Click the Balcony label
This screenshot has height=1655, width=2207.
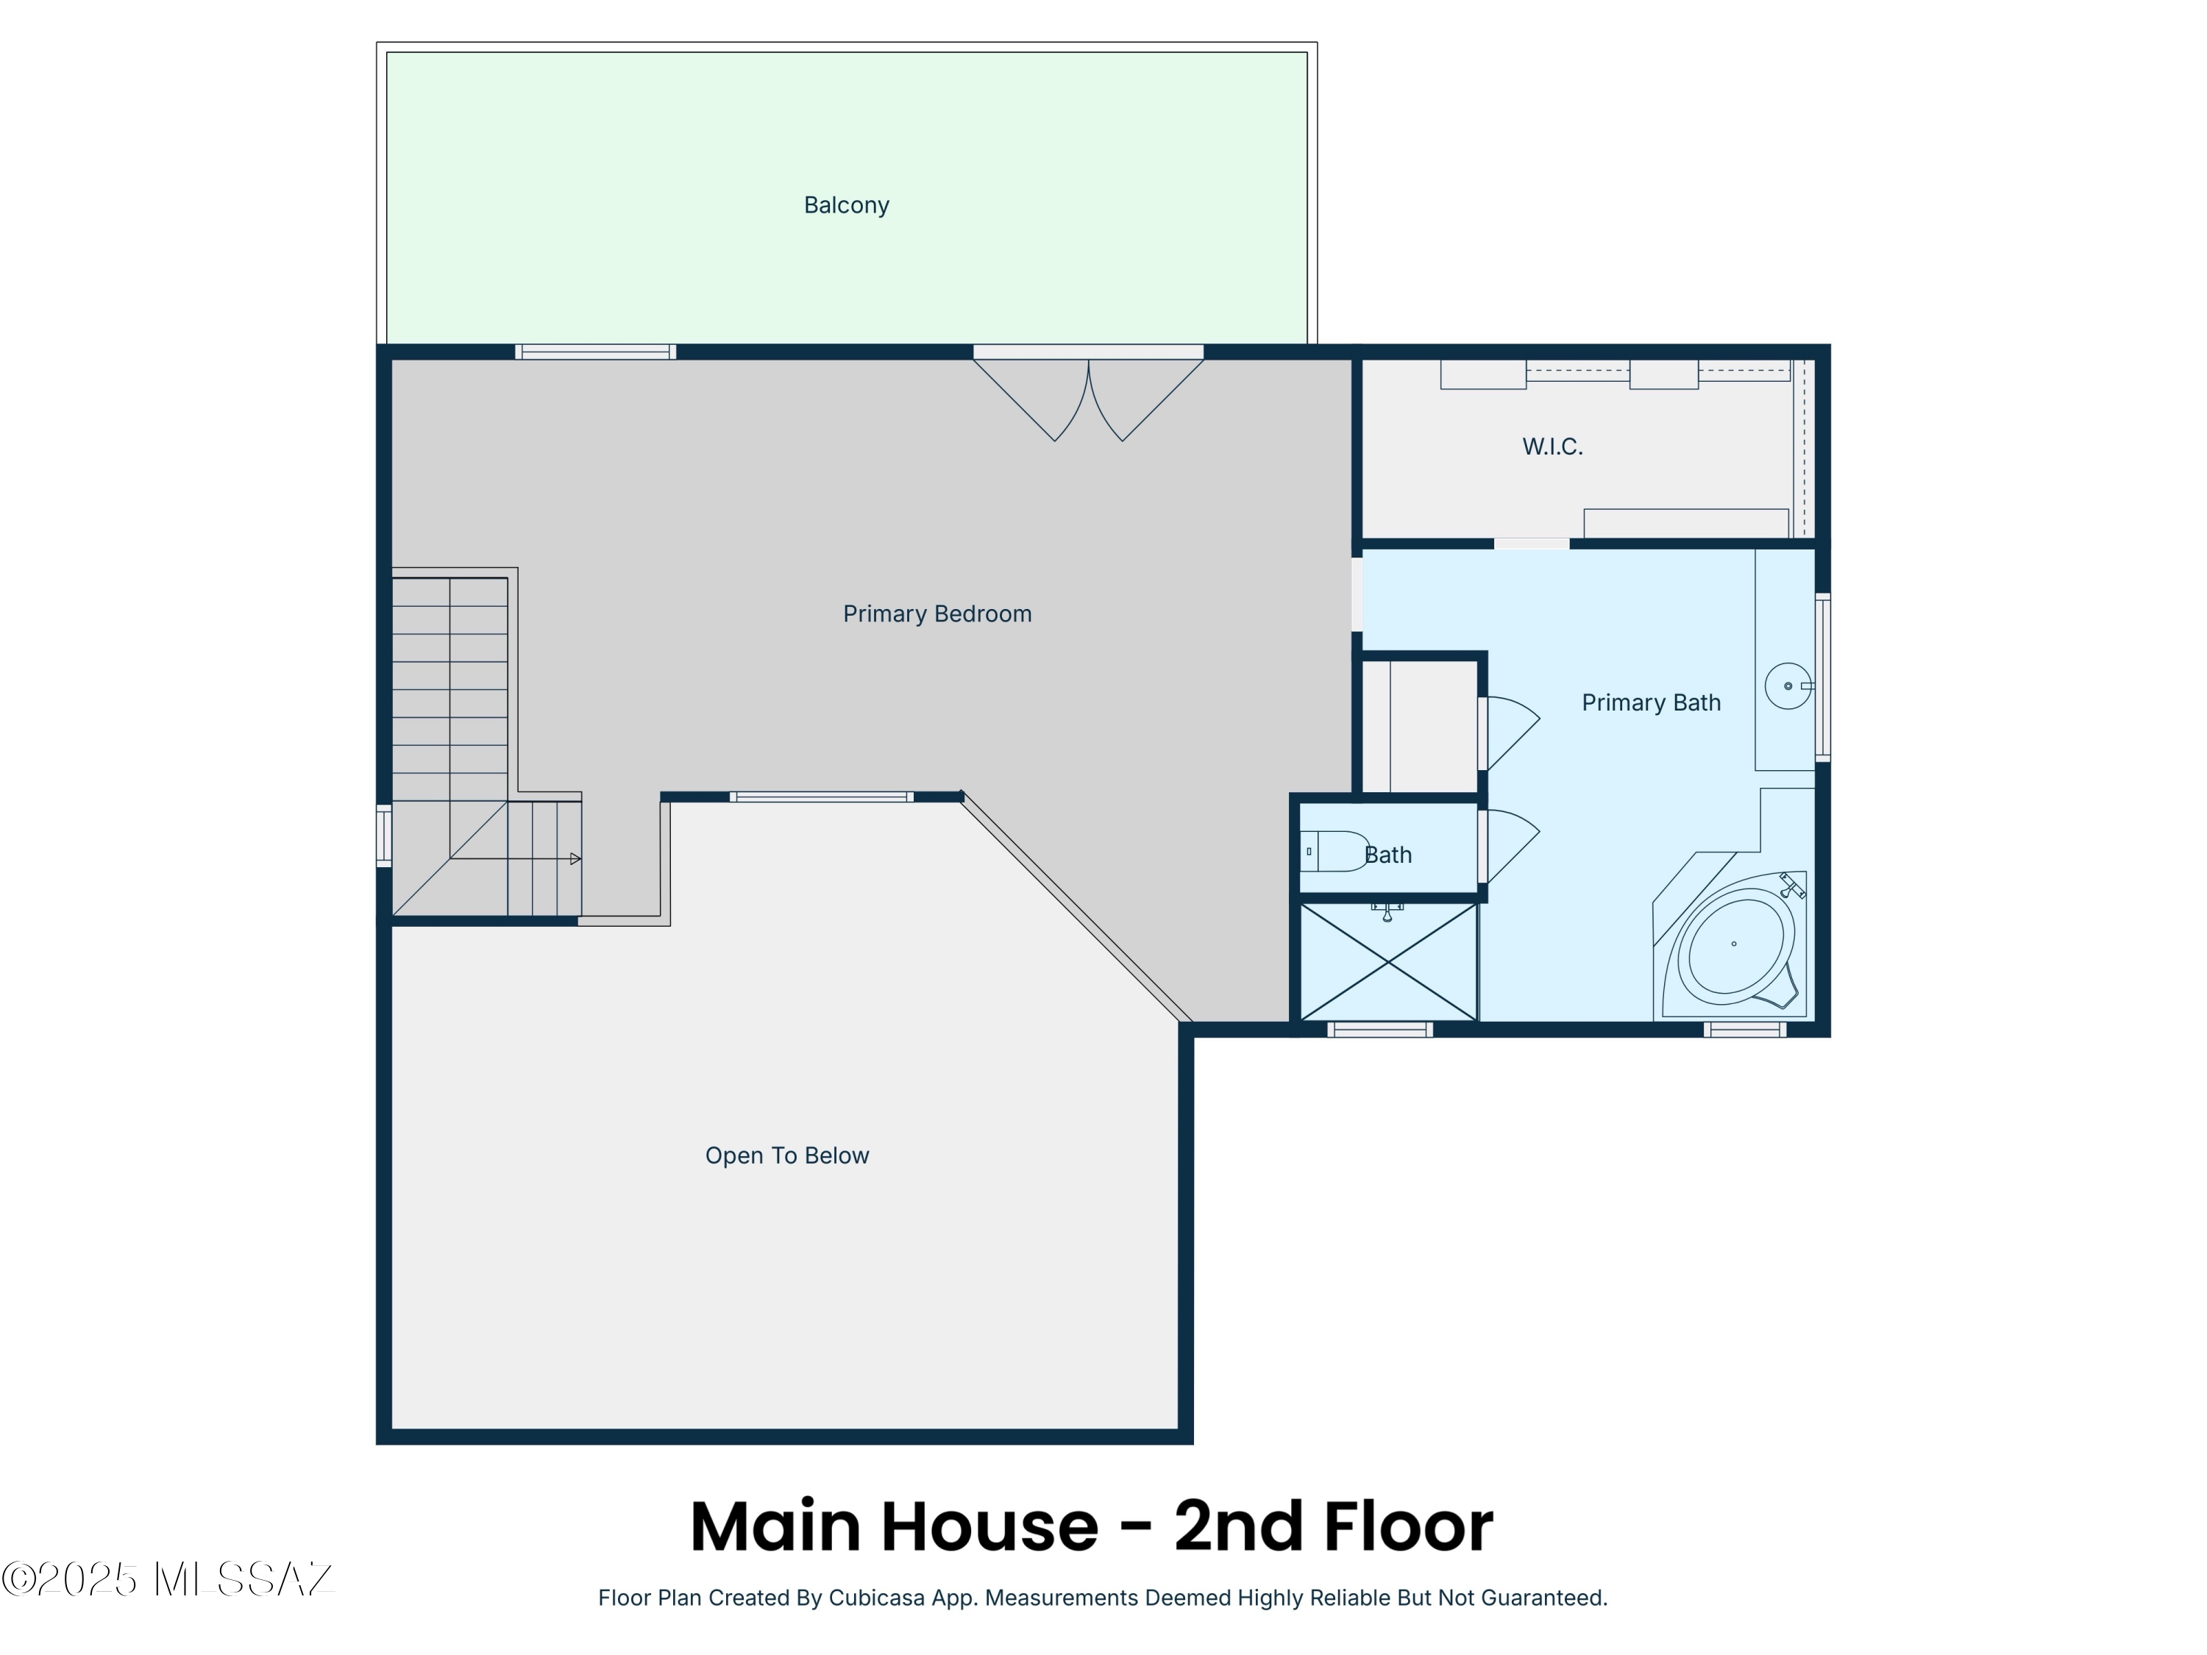846,204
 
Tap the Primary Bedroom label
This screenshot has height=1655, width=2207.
937,613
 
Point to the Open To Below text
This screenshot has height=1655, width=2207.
786,1156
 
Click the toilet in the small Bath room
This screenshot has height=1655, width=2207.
1335,851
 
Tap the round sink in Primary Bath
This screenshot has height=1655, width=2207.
1787,686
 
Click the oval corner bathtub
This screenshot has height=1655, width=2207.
1736,947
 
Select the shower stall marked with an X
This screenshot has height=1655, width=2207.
1388,963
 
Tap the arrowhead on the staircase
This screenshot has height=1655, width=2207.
575,859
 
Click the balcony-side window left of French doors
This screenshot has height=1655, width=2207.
596,351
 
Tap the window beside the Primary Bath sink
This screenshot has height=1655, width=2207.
1822,677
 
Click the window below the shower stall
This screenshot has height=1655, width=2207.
1380,1030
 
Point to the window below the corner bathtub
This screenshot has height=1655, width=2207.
1744,1030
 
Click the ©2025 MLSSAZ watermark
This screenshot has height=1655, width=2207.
168,1579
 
